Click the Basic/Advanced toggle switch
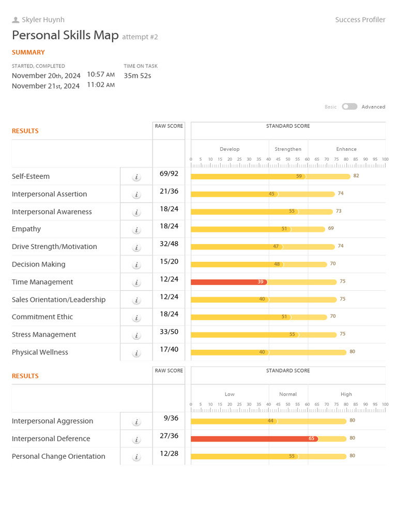point(349,106)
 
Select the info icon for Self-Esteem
point(136,177)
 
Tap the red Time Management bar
point(227,282)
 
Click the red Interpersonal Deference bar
point(253,439)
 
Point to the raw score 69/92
point(169,174)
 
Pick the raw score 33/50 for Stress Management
point(169,332)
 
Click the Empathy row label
point(26,229)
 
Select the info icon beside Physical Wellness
point(136,353)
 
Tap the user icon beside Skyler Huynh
point(16,20)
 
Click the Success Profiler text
point(360,20)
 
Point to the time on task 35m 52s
point(138,75)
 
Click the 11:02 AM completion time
point(101,85)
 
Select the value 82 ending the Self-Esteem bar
point(356,176)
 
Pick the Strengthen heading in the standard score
point(288,149)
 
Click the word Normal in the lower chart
point(288,394)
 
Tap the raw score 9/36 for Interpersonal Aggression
point(169,418)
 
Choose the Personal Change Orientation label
point(58,456)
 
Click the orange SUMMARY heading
point(28,52)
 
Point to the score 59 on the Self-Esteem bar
point(299,176)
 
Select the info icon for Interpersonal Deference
point(136,440)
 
